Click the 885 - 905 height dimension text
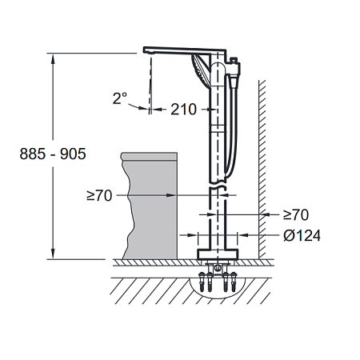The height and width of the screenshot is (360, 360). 53,154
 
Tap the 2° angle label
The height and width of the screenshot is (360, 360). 120,98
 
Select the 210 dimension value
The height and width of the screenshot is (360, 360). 183,110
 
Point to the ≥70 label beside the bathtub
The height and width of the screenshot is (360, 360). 99,196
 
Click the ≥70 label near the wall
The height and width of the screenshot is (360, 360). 296,215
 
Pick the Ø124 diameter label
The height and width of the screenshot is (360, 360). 302,236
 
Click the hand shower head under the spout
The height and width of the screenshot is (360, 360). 201,70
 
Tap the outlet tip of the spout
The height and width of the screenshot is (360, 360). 148,53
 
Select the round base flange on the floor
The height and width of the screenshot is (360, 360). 218,254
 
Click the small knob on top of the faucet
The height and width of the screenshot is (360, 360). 234,60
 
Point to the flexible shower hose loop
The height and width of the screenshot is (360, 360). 231,126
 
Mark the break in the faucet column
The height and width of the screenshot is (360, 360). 218,185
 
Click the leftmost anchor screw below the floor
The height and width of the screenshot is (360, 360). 202,282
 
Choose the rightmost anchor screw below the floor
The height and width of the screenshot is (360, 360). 234,282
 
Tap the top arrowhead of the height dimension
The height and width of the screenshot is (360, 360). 53,58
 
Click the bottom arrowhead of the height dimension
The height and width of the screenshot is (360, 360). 53,254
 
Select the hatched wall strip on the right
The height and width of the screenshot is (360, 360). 262,170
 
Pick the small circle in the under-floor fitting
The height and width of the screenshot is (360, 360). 218,267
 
